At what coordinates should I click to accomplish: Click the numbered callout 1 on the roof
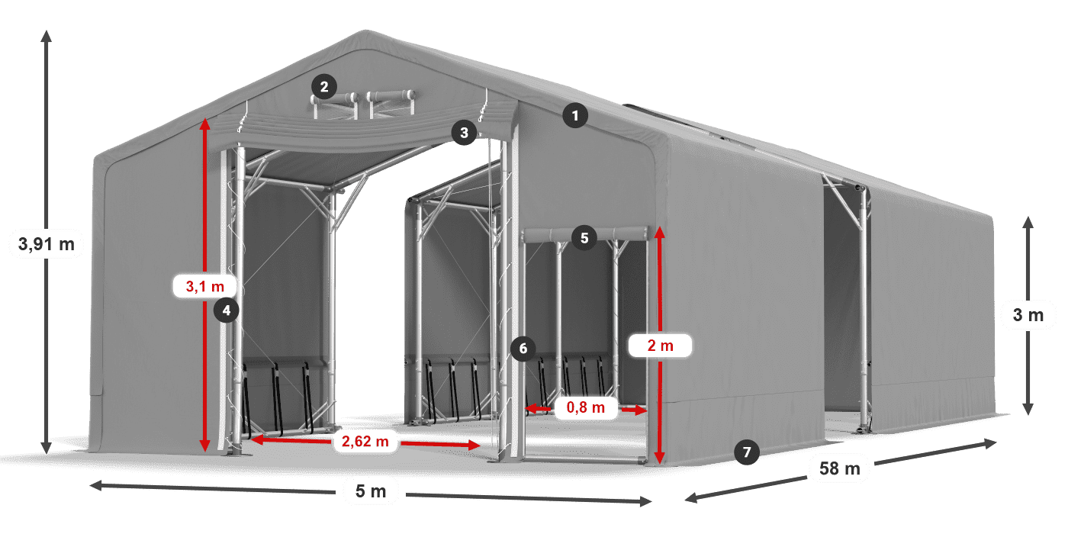[576, 116]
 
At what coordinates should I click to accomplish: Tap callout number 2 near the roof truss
[324, 87]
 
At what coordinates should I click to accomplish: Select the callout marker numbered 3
[463, 133]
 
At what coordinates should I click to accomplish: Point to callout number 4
[227, 310]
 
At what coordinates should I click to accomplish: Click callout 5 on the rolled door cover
[584, 237]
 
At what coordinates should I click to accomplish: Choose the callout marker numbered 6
[523, 349]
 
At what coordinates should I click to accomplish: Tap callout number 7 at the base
[747, 452]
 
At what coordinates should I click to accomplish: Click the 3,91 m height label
[46, 244]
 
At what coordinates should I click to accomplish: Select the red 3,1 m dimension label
[205, 286]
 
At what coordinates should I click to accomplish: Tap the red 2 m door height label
[660, 346]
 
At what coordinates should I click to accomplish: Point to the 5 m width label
[371, 491]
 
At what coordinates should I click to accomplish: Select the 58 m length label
[840, 468]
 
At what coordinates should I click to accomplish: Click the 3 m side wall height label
[1028, 315]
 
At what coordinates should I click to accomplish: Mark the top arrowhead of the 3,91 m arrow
[46, 34]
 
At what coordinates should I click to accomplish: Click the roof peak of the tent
[368, 34]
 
